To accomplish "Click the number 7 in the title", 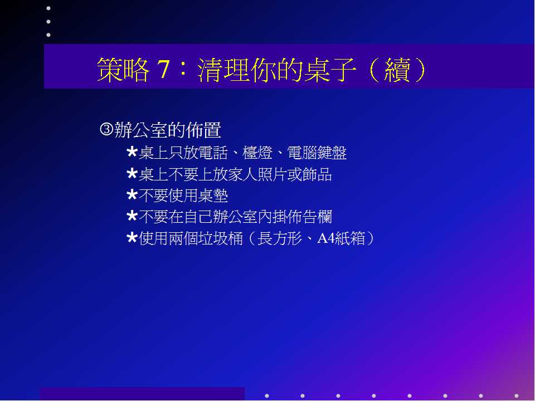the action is tap(163, 69).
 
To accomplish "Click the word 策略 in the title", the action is tap(123, 69).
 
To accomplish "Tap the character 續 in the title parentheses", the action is tap(397, 69).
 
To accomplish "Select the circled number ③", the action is tap(106, 129).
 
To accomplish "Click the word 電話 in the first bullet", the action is tap(212, 153).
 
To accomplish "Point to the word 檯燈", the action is tap(257, 153).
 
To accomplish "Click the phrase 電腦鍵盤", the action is tap(317, 153).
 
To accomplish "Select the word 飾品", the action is tap(317, 174).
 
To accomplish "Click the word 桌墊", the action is tap(212, 195).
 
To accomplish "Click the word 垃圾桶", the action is tap(220, 238).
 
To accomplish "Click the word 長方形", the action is tap(280, 238).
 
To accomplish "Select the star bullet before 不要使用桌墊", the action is tap(132, 195).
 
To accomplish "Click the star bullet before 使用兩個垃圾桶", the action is tap(132, 238).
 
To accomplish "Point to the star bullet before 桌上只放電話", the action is tap(132, 152).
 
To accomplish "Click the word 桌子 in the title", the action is tap(330, 69).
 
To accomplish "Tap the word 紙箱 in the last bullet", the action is tap(349, 238).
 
